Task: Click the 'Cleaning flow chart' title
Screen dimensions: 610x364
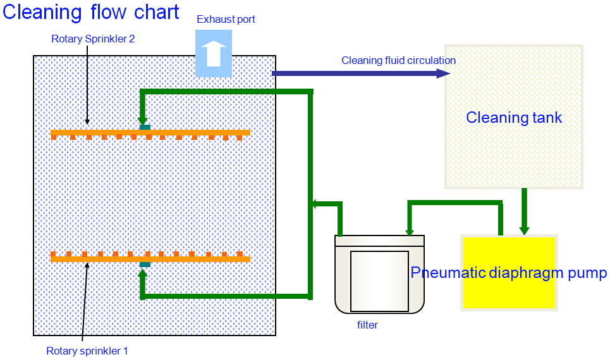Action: tap(90, 12)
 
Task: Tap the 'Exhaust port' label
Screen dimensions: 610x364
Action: tap(226, 19)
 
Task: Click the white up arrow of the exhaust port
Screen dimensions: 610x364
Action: tap(214, 53)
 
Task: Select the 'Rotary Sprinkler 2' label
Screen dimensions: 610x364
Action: tap(93, 39)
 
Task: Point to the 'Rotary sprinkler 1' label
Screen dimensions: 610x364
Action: tap(87, 351)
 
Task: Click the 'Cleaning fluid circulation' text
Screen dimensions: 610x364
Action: tap(398, 60)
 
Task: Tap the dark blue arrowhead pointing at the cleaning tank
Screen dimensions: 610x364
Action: tap(443, 73)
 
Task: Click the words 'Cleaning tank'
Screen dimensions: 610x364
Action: tap(514, 117)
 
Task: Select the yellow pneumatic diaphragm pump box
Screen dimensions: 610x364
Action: tap(509, 273)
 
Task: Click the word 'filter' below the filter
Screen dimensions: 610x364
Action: tap(367, 325)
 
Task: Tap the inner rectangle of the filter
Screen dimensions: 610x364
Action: tap(379, 281)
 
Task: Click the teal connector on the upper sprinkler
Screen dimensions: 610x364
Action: tap(145, 127)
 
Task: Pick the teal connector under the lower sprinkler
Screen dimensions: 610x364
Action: tap(145, 265)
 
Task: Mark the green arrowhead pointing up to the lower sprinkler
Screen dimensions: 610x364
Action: tap(143, 274)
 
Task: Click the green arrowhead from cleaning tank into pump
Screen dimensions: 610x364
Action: tap(524, 230)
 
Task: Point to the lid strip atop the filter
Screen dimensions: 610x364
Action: tap(379, 241)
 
